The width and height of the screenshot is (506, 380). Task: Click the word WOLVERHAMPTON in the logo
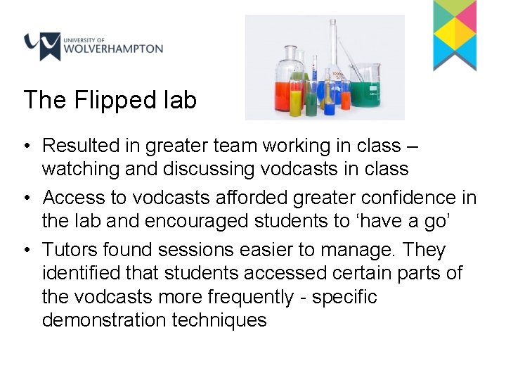tap(112, 50)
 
